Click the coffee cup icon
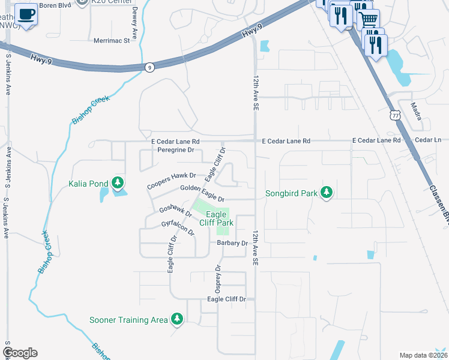tap(26, 13)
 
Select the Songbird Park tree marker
tap(326, 193)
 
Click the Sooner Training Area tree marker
tap(176, 319)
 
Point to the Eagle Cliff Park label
tap(217, 218)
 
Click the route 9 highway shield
tap(149, 67)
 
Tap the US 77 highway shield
tap(394, 114)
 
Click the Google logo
tap(20, 353)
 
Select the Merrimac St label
tap(112, 41)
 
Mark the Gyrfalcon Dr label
tap(178, 227)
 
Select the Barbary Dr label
tap(232, 243)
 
